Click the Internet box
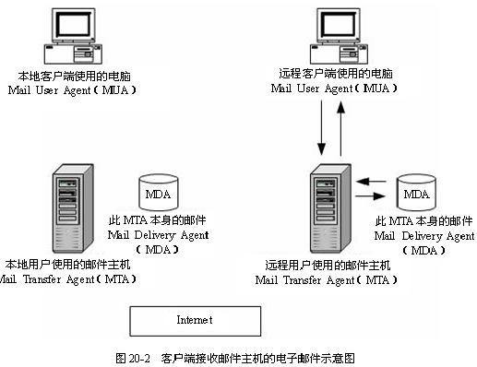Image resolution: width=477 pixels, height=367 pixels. [x=196, y=321]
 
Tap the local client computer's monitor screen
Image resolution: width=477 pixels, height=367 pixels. [x=74, y=24]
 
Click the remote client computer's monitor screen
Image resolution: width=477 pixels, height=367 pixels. [x=339, y=24]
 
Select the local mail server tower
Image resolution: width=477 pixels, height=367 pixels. [x=73, y=208]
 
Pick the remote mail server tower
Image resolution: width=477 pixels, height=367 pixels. [x=330, y=208]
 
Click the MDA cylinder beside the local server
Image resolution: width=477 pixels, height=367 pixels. [x=159, y=193]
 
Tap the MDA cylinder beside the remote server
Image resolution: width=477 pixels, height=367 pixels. [x=416, y=193]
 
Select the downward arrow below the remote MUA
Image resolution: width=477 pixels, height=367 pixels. [x=322, y=127]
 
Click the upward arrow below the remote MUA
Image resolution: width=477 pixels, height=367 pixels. [x=340, y=128]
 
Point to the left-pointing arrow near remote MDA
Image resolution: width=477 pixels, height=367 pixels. [x=371, y=182]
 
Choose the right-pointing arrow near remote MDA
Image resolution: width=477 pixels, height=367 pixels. [x=371, y=195]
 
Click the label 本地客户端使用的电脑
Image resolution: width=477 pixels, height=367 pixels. [x=74, y=76]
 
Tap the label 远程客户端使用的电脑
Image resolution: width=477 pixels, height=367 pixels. [x=336, y=74]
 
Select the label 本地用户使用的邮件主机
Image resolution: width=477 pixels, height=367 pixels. [x=68, y=265]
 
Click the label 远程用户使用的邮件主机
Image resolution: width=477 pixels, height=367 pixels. [x=328, y=265]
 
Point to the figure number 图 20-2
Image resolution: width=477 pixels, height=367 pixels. [x=133, y=358]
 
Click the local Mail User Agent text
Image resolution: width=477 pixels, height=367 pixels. [x=72, y=90]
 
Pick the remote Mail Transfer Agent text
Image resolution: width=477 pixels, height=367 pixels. [x=327, y=280]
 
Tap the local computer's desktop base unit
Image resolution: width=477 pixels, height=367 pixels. [x=73, y=53]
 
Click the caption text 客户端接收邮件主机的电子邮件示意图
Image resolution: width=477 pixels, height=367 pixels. [x=257, y=358]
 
